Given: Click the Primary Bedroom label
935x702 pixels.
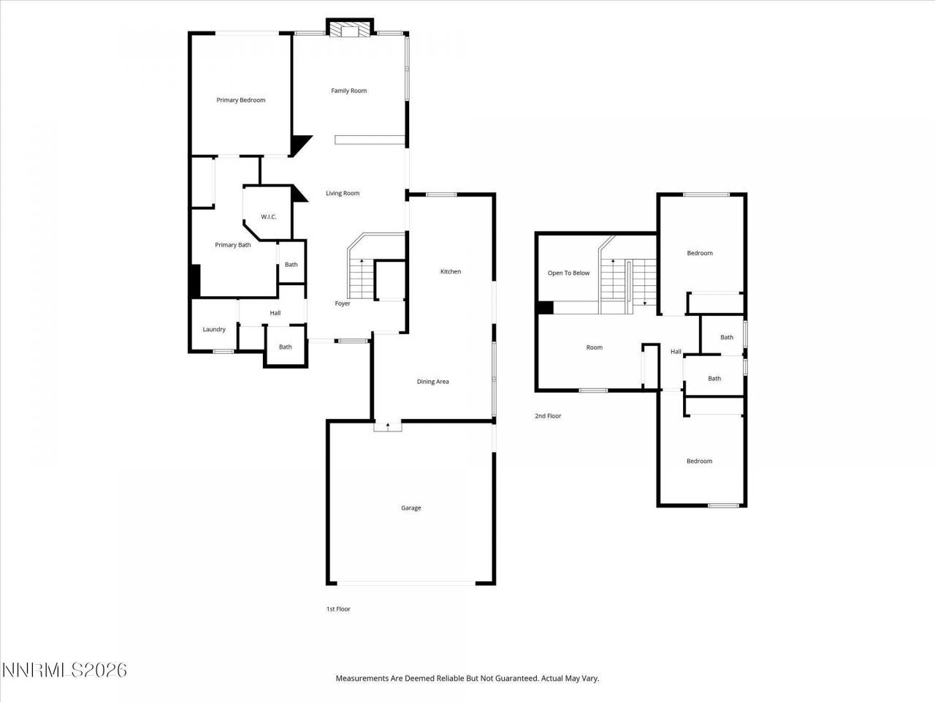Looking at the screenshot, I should [x=240, y=100].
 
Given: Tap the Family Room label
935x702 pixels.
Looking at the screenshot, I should [x=348, y=91].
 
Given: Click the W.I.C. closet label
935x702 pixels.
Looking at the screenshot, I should [x=268, y=216].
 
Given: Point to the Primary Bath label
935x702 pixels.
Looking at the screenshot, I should [x=232, y=245].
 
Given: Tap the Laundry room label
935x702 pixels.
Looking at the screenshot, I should [x=214, y=329].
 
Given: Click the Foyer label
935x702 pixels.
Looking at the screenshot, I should [x=343, y=303].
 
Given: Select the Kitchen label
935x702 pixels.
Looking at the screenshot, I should [x=450, y=271].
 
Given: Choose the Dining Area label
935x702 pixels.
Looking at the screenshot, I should [x=432, y=382].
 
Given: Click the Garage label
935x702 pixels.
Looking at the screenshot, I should [x=411, y=508].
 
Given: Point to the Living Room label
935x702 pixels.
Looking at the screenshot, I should [x=342, y=194].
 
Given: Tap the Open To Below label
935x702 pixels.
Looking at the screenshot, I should [x=568, y=273].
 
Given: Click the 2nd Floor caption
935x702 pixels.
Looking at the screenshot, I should [x=548, y=416].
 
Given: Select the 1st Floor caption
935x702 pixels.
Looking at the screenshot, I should [x=338, y=608].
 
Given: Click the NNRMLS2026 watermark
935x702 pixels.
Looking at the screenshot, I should [x=64, y=670].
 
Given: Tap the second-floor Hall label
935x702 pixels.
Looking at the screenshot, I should [x=676, y=352].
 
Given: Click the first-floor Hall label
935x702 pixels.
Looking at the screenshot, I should [x=275, y=313].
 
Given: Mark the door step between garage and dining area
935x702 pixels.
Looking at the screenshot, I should [x=387, y=426].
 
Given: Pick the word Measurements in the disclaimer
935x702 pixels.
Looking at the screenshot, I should [x=362, y=679].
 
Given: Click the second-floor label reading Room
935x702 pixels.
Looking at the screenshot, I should [x=594, y=347].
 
